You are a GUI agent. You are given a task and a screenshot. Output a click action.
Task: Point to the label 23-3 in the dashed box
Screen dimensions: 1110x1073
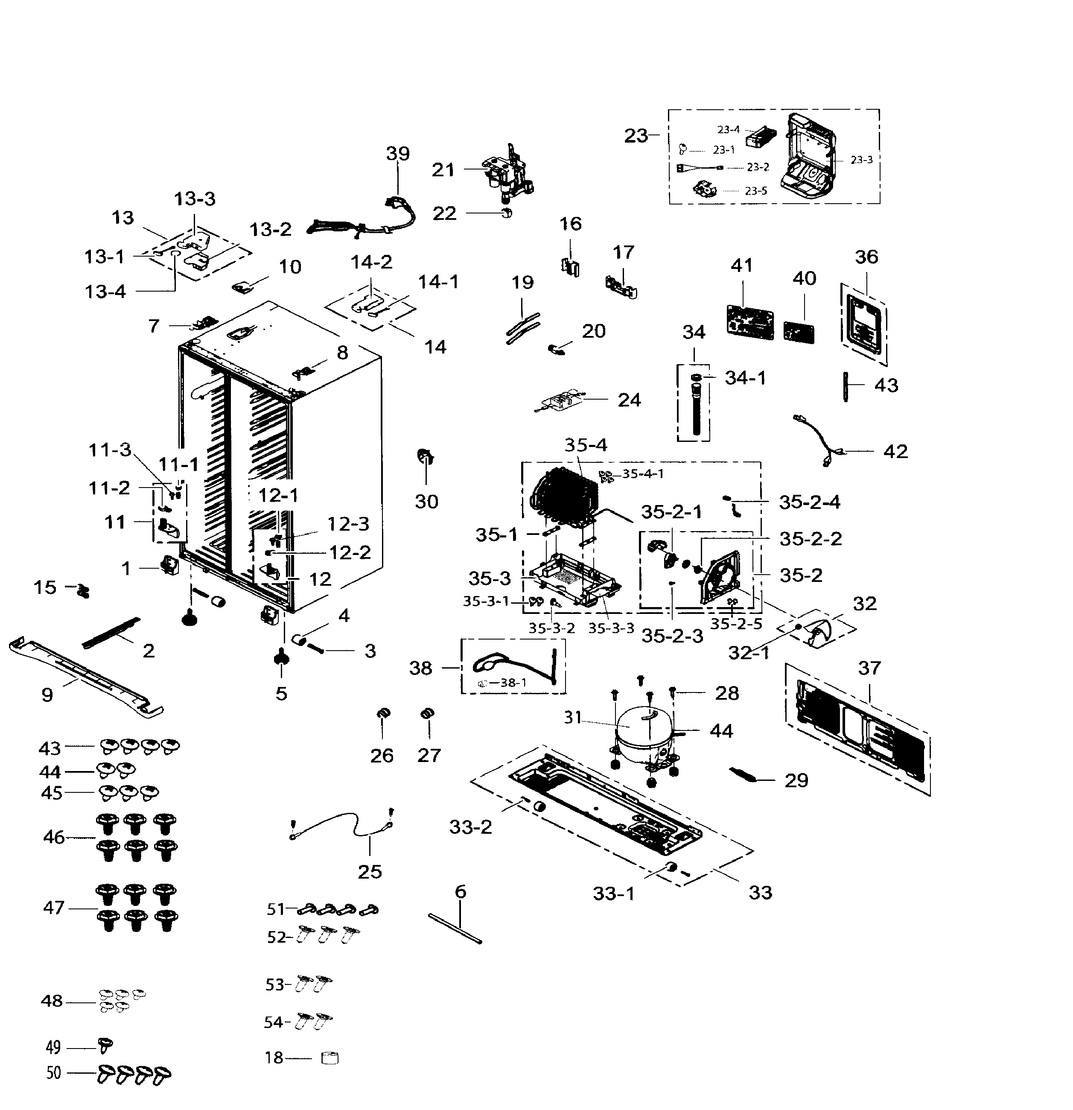(x=861, y=160)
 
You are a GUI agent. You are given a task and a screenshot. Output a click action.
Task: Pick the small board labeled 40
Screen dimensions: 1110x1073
(x=799, y=332)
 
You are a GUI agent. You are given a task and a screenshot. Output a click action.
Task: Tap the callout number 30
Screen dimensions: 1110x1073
(x=426, y=501)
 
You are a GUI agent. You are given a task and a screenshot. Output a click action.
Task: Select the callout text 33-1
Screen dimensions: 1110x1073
(x=613, y=894)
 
